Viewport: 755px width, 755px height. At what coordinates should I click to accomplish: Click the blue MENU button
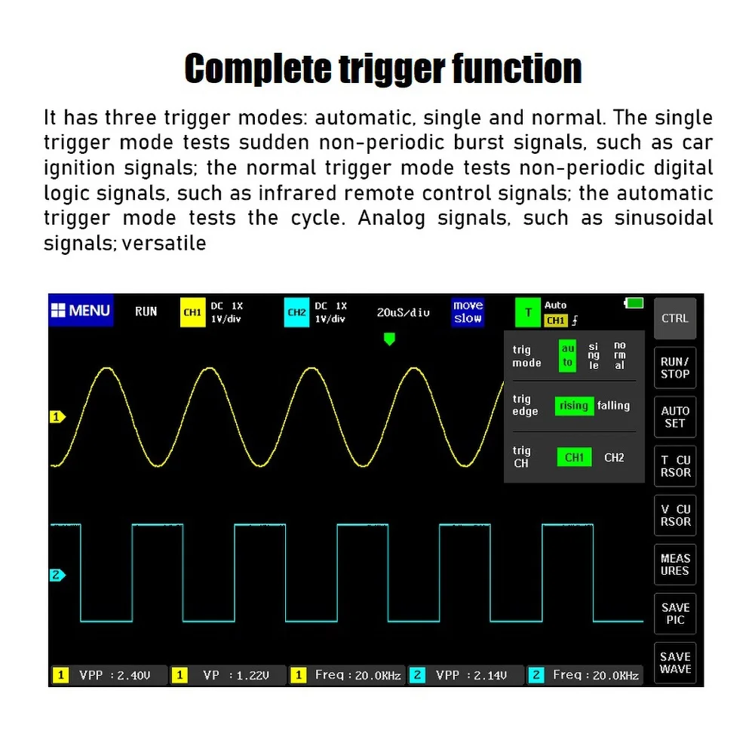(81, 311)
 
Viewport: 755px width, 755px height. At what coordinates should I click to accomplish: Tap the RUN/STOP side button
(674, 367)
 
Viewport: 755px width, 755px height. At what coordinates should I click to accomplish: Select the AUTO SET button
(674, 417)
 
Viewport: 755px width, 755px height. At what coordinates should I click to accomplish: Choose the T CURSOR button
(674, 466)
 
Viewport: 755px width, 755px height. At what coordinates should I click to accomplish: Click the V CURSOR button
(674, 515)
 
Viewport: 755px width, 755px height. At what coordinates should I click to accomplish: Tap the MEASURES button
(674, 564)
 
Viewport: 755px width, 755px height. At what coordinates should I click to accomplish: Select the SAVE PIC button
(674, 613)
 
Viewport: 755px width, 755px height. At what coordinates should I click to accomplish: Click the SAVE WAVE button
(674, 663)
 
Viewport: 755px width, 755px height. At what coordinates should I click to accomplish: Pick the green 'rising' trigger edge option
(574, 406)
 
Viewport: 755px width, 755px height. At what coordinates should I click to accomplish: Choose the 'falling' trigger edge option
(613, 406)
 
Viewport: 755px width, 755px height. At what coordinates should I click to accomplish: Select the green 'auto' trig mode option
(567, 355)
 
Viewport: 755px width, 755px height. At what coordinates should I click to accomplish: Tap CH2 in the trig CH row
(614, 457)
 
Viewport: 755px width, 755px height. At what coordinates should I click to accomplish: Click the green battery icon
(634, 303)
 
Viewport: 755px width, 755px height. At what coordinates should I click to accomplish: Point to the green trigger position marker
(389, 339)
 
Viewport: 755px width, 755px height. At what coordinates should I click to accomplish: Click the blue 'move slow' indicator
(468, 312)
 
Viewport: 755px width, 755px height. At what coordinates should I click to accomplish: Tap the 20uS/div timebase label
(404, 312)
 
